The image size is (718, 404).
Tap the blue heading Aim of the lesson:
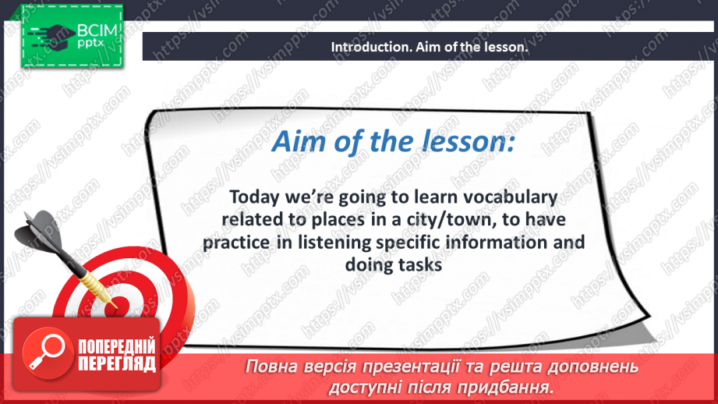tap(394, 141)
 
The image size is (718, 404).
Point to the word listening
tap(334, 243)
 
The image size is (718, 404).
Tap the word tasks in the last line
tap(420, 264)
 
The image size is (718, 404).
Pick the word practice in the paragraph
tap(236, 243)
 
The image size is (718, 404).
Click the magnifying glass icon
tap(47, 353)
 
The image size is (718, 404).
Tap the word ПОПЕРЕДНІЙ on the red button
tap(117, 347)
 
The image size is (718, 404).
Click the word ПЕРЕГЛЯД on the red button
tap(117, 363)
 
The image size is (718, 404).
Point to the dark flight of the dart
tap(39, 232)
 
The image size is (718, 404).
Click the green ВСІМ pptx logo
tap(72, 36)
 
